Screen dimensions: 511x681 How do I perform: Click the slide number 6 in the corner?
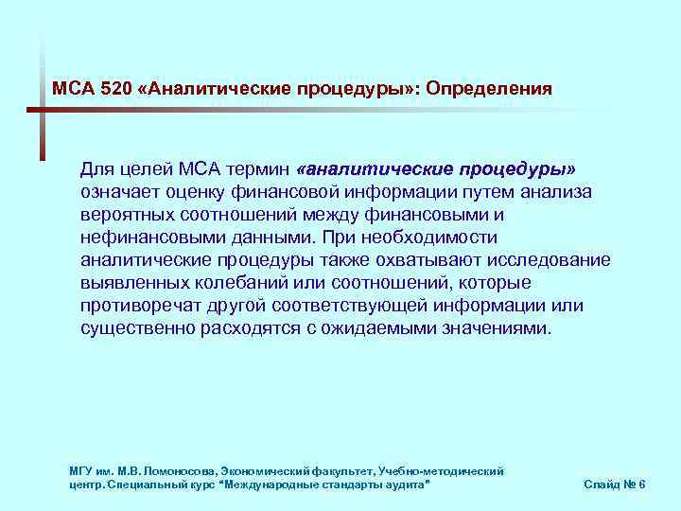pyautogui.click(x=642, y=484)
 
